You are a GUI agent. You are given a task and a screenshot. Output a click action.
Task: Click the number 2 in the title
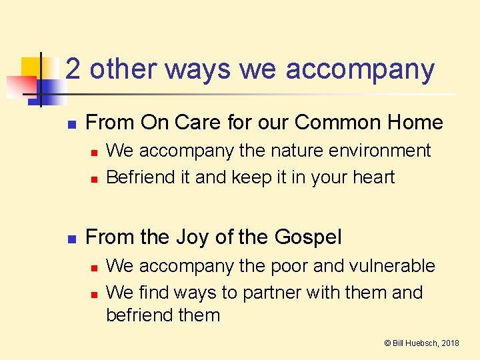coord(75,69)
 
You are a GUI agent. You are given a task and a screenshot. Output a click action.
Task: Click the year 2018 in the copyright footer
coord(449,343)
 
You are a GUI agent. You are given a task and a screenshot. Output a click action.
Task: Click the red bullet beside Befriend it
coord(94,179)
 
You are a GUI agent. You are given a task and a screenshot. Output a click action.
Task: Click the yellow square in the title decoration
coord(31,67)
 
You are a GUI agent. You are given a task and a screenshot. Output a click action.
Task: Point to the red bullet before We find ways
coord(94,294)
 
